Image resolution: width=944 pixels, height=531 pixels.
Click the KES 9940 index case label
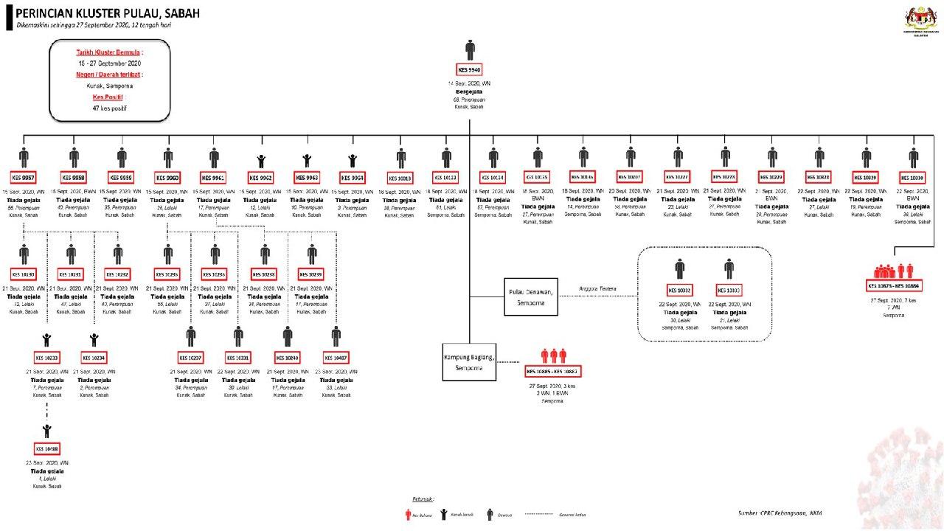[x=470, y=70]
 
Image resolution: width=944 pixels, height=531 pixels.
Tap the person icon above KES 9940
[x=470, y=50]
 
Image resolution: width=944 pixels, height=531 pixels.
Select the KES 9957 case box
[x=24, y=178]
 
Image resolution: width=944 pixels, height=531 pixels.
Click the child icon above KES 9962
[x=261, y=160]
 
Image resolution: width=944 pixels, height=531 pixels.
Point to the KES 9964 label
[x=353, y=178]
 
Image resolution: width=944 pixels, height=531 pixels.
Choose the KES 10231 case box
[x=71, y=274]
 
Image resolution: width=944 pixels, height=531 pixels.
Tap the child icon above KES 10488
[x=48, y=430]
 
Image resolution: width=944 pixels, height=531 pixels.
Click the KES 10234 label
[x=94, y=358]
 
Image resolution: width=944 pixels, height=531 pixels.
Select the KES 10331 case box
[x=238, y=358]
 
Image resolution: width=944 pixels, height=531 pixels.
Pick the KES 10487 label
[x=336, y=358]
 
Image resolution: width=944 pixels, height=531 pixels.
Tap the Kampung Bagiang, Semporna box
[x=469, y=361]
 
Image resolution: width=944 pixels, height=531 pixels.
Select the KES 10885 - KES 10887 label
[x=552, y=370]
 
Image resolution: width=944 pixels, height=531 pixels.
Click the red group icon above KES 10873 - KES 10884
[x=893, y=271]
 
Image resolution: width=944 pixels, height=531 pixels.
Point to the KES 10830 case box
[x=914, y=178]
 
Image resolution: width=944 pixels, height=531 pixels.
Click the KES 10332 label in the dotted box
[x=680, y=290]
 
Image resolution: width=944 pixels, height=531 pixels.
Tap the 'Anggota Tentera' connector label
[x=597, y=288]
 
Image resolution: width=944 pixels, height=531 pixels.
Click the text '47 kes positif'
[x=109, y=108]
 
